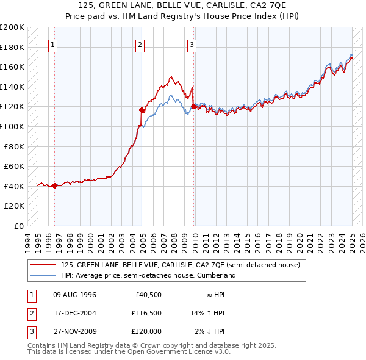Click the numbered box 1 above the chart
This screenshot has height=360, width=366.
tap(53, 44)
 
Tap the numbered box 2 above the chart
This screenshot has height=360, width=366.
tap(140, 44)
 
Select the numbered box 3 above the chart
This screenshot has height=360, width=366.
tap(192, 44)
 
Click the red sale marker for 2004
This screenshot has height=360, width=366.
tap(142, 110)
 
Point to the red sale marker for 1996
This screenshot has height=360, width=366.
tap(54, 186)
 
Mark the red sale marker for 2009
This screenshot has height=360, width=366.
tap(193, 107)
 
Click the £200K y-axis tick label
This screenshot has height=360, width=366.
tap(12, 27)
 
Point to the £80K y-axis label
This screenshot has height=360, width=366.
tap(15, 146)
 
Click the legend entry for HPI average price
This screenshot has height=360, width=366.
tap(148, 276)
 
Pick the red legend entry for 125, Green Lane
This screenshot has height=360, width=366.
tap(180, 265)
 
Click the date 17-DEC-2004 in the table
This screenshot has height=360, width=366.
tap(75, 313)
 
